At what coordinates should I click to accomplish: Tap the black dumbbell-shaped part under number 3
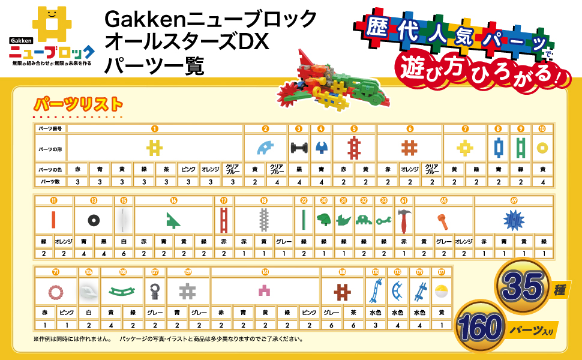click(298, 147)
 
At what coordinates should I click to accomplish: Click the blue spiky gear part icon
click(514, 221)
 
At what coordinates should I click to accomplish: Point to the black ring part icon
click(93, 220)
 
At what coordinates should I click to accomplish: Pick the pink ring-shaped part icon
click(56, 293)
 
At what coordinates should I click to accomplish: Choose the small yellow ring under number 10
click(542, 147)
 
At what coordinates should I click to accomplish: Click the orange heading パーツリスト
click(78, 104)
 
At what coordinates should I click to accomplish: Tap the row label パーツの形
click(50, 148)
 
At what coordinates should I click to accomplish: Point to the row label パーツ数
click(50, 181)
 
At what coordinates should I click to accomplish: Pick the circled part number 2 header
click(265, 128)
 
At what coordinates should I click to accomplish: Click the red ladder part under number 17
click(224, 220)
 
